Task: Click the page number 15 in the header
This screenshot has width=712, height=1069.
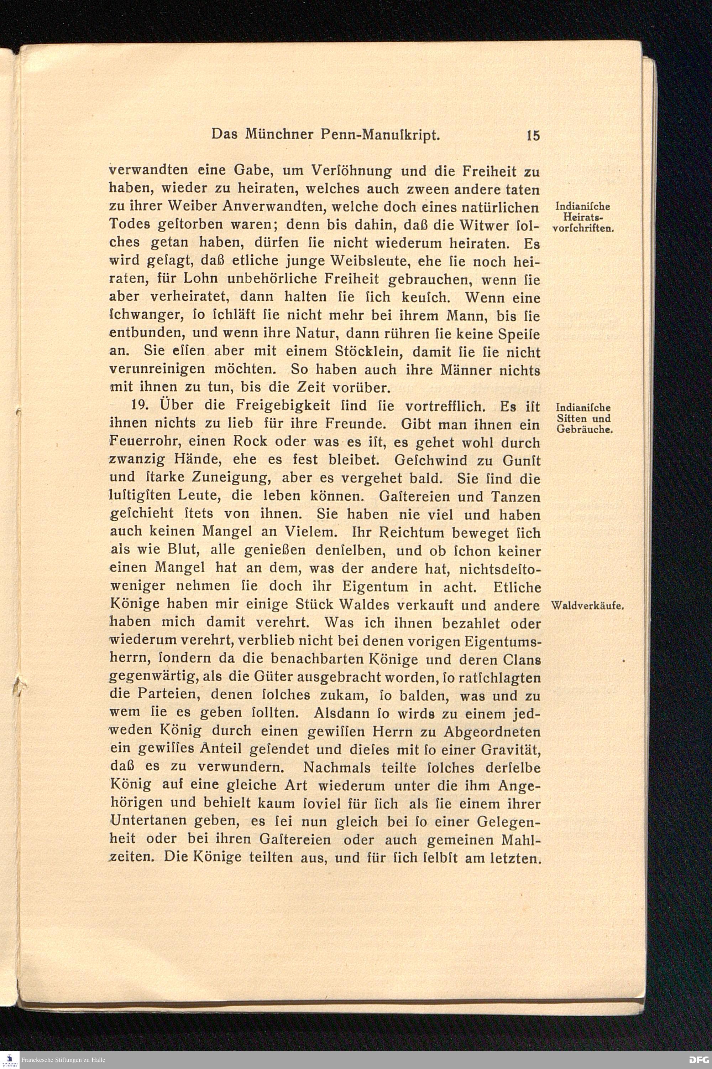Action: tap(533, 135)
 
